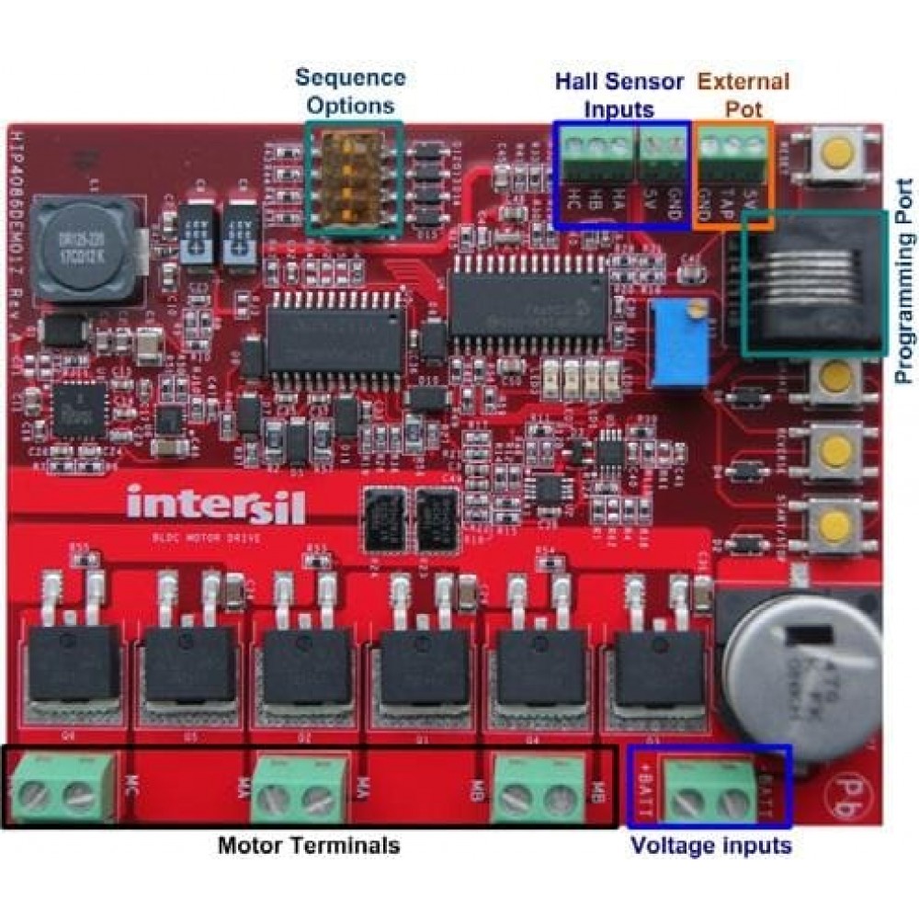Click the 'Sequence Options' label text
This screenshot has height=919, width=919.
349,90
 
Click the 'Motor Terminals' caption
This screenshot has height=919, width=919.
309,845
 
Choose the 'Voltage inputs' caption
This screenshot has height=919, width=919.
710,845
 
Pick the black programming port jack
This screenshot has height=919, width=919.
814,280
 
